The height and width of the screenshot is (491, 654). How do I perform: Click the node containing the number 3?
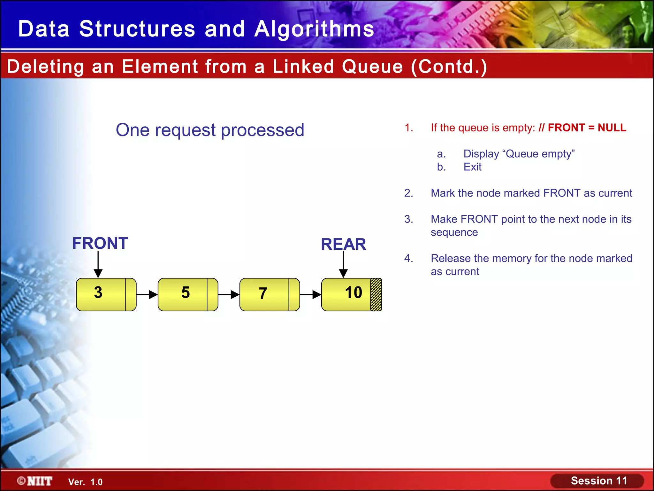[101, 294]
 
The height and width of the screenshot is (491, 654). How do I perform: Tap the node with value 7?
[265, 294]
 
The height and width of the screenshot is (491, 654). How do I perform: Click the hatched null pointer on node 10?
[376, 294]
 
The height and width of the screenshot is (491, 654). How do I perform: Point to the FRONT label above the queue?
[100, 243]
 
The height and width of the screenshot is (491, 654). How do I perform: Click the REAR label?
[343, 245]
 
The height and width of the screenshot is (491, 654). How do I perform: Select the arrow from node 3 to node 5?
[147, 294]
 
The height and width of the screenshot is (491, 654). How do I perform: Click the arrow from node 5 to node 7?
[229, 294]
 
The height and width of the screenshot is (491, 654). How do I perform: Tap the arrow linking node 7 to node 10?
[310, 294]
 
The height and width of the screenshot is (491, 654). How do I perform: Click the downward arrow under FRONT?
[98, 264]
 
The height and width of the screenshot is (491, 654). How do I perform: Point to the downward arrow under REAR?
[343, 264]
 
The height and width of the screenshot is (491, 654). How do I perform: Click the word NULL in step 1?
[612, 128]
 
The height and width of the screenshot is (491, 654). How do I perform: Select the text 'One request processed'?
[210, 130]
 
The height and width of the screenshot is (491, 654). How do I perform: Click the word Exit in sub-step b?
[472, 167]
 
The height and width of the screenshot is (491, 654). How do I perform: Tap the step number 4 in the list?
[408, 258]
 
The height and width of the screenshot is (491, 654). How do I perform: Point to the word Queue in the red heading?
[372, 66]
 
